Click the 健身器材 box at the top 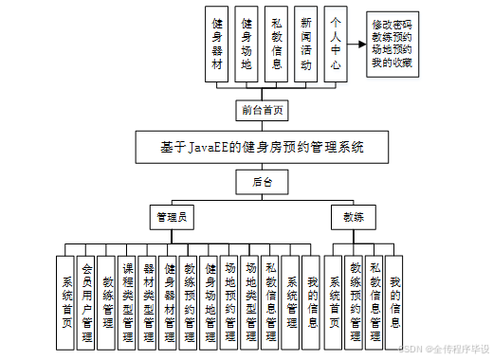[x=218, y=45]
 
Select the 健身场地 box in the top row [x=247, y=45]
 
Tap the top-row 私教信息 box [x=277, y=45]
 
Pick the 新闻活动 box [x=306, y=45]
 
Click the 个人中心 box [x=336, y=45]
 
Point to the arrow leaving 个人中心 [x=357, y=45]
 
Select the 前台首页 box [x=262, y=109]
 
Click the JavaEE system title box [x=262, y=148]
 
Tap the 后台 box [x=262, y=181]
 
